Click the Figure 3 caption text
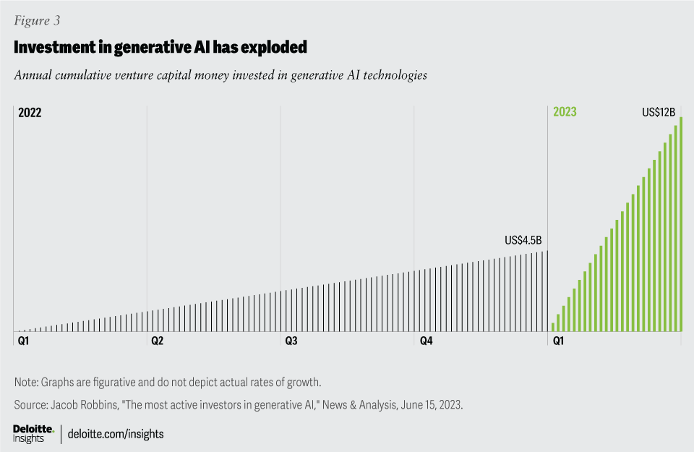point(37,21)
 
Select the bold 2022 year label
point(30,112)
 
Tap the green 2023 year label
point(565,112)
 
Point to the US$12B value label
point(658,112)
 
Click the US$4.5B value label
point(523,241)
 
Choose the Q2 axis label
point(157,340)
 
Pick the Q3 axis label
point(291,340)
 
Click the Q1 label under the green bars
point(559,340)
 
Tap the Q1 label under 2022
point(24,340)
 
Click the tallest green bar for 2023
point(681,224)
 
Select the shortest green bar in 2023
point(553,327)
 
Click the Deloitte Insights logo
point(33,433)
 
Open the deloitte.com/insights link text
point(116,434)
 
